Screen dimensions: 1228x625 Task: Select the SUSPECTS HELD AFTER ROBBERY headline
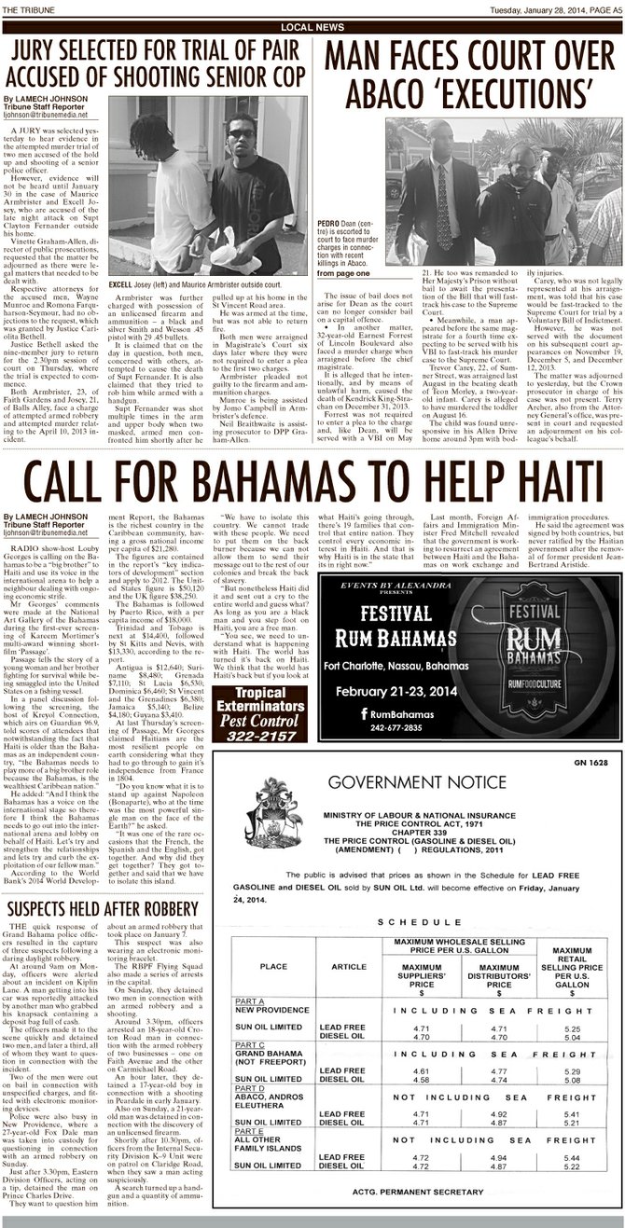pos(101,909)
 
